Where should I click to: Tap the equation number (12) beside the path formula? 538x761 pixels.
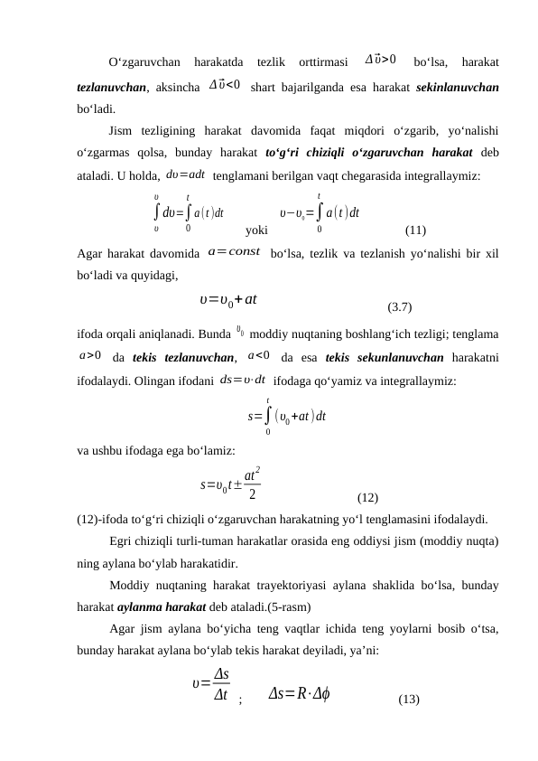(x=367, y=497)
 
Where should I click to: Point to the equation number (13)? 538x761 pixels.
(x=408, y=699)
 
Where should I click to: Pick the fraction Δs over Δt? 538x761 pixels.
(x=219, y=684)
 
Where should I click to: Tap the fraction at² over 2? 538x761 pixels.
(x=255, y=484)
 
